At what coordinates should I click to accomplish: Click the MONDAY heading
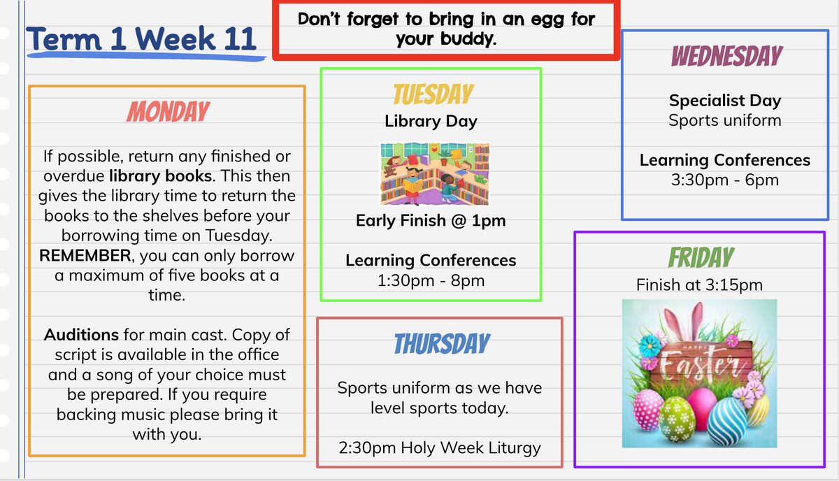(168, 111)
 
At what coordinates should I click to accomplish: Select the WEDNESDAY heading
(727, 56)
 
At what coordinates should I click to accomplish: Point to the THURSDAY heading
(442, 343)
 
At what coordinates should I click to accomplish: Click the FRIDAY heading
(701, 257)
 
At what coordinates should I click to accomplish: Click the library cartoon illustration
(434, 173)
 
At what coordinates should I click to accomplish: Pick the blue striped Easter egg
(727, 421)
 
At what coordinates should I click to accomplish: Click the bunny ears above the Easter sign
(683, 322)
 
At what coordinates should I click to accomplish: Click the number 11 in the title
(240, 38)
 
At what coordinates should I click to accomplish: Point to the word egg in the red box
(548, 20)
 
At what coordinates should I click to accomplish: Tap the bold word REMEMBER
(85, 255)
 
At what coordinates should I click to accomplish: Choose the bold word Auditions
(81, 334)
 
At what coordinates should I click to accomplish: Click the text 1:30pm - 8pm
(431, 280)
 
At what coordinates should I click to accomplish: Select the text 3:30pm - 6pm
(725, 180)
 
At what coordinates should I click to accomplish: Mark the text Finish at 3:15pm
(699, 285)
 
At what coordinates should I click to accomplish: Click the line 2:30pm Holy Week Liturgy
(440, 448)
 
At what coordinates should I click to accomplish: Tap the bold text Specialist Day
(725, 101)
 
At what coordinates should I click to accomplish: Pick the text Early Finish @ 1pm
(431, 221)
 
